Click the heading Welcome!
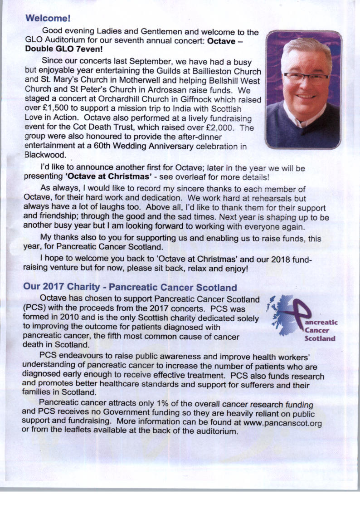48,19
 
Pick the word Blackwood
45,155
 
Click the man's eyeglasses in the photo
305,77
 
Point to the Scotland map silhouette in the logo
281,315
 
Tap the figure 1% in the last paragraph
146,404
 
